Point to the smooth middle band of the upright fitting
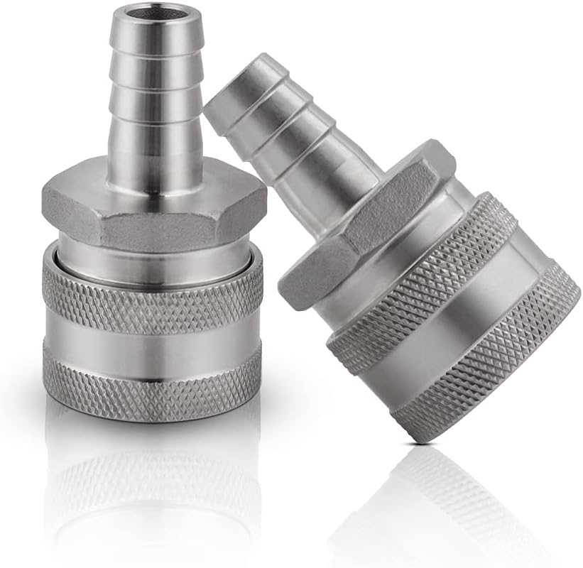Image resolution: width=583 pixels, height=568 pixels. tap(153, 339)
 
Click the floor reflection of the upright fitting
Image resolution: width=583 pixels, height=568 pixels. tap(153, 483)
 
